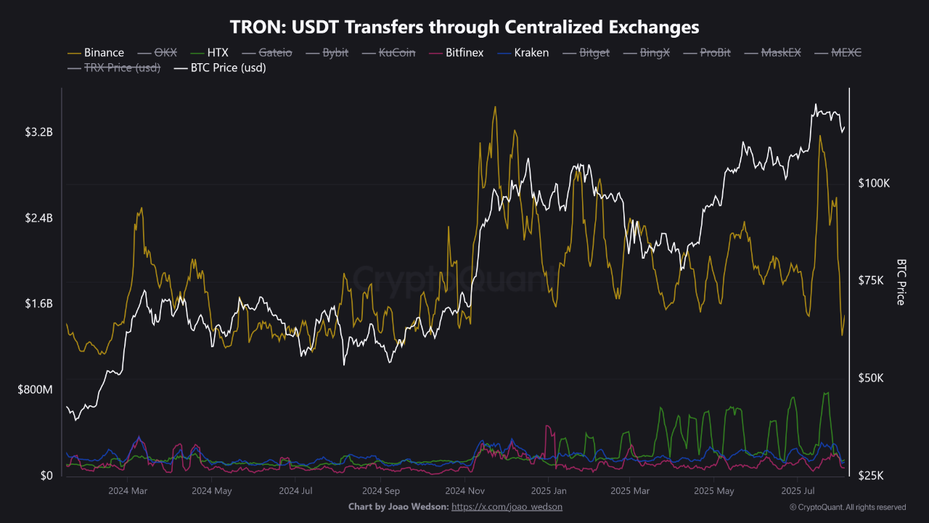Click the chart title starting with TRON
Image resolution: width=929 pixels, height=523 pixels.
(464, 28)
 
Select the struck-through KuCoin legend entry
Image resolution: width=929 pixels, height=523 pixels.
(397, 53)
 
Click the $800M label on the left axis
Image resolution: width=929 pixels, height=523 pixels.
(36, 390)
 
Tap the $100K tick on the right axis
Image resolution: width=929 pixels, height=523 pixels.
(875, 184)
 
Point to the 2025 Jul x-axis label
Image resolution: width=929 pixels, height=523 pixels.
(798, 491)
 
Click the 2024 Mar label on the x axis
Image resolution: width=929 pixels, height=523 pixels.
(128, 491)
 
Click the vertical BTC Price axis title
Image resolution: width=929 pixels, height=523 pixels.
(901, 282)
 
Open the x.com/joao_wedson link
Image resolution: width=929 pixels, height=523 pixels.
(507, 506)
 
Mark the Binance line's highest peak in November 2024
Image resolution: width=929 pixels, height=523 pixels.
(495, 107)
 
